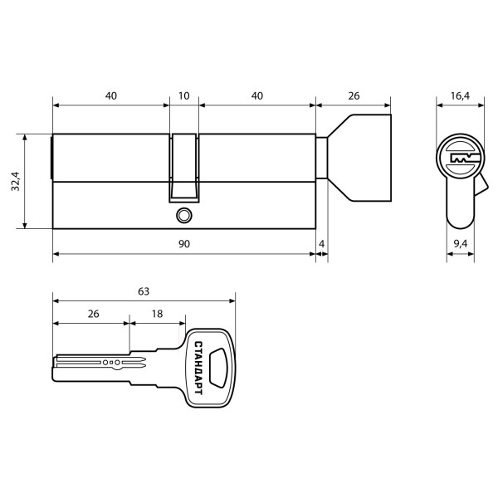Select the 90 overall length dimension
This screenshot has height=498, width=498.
[x=183, y=243]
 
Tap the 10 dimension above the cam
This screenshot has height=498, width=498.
[x=183, y=96]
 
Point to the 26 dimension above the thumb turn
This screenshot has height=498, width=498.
[x=354, y=96]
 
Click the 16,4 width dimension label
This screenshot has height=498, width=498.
[x=461, y=96]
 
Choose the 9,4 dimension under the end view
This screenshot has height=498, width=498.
[x=461, y=243]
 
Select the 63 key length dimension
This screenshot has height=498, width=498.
[x=143, y=291]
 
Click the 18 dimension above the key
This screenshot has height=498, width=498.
[x=157, y=315]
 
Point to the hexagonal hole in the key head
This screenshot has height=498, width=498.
[x=219, y=364]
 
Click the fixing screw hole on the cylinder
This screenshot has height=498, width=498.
[x=183, y=215]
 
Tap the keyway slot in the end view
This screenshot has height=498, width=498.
[x=460, y=158]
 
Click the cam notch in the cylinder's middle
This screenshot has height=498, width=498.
[x=184, y=166]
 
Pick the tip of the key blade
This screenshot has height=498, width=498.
[x=56, y=364]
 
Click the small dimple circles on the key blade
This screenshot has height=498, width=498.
[x=111, y=364]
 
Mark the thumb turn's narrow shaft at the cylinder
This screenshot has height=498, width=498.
[x=324, y=159]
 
